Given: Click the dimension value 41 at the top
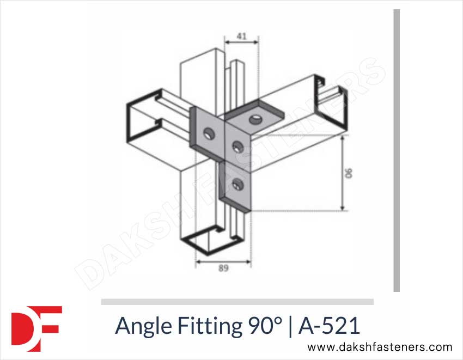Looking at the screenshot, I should tap(242, 37).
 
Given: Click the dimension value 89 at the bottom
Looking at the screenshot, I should tap(223, 268).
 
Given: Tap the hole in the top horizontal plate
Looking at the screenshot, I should tap(254, 119).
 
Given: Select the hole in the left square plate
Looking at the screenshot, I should tap(208, 132).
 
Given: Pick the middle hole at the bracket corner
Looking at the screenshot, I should tap(237, 145).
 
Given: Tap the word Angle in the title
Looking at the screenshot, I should tap(139, 326).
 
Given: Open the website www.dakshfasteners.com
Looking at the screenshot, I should tap(380, 347).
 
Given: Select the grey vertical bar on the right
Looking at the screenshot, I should tap(397, 150).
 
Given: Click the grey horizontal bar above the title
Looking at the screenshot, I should tap(237, 301).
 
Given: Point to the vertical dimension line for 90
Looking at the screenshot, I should tap(342, 173).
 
